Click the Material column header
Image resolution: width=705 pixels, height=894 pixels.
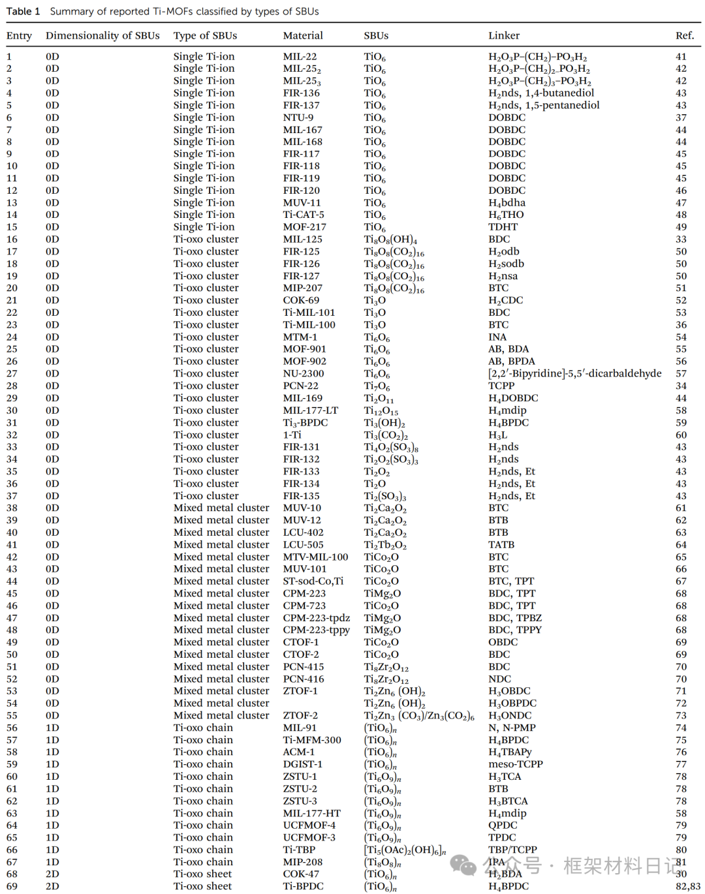click(x=303, y=36)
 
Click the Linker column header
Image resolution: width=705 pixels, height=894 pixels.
click(x=504, y=36)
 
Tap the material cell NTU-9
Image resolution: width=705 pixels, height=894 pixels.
click(x=298, y=117)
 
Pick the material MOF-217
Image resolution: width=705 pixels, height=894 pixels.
click(x=304, y=227)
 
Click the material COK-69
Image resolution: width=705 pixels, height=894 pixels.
click(x=301, y=300)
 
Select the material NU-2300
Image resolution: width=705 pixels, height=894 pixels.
click(x=304, y=373)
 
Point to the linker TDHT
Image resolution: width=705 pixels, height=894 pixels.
click(x=503, y=227)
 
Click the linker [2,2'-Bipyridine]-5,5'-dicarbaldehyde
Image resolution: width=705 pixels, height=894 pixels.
click(x=574, y=373)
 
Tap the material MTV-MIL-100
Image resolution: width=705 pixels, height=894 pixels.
click(x=315, y=557)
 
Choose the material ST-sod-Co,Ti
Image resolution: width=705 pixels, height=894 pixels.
click(x=313, y=581)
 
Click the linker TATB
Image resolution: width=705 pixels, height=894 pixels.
click(x=501, y=545)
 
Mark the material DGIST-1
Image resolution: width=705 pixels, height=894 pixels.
click(x=302, y=764)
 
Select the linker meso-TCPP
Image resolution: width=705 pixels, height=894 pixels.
click(x=516, y=764)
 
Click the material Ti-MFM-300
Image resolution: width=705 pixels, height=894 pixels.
click(x=312, y=740)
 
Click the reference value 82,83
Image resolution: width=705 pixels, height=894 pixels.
click(x=688, y=886)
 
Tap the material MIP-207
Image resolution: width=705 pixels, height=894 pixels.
click(x=302, y=288)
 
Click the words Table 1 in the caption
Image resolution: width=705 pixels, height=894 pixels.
click(x=23, y=11)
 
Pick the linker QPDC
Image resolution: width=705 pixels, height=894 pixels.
click(x=503, y=825)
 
